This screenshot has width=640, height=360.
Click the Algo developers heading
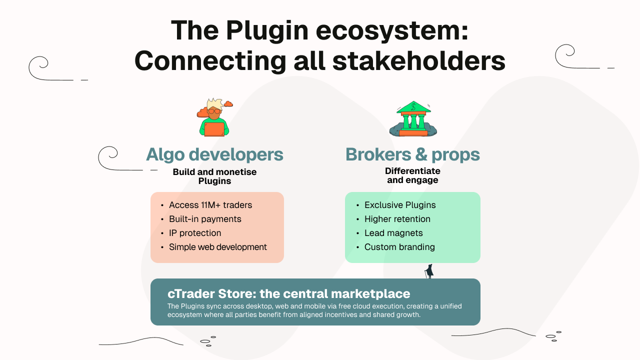[214, 154]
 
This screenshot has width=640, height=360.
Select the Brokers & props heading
[412, 154]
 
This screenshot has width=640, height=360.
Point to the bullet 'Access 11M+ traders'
[210, 205]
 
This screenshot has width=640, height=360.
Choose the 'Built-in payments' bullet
[205, 219]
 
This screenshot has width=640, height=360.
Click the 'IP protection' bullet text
[195, 233]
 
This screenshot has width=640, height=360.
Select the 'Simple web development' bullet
[217, 247]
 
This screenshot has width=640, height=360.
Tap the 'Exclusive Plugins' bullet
[400, 205]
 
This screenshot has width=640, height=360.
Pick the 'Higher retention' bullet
[397, 219]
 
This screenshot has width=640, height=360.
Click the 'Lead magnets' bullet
[393, 233]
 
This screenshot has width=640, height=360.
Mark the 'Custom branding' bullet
[399, 247]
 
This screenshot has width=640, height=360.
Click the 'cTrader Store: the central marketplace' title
[288, 293]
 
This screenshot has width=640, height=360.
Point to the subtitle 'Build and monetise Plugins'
[214, 176]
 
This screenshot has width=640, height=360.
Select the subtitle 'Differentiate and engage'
[412, 175]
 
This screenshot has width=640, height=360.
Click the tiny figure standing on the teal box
[429, 271]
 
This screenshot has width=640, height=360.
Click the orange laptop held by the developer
[214, 129]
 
